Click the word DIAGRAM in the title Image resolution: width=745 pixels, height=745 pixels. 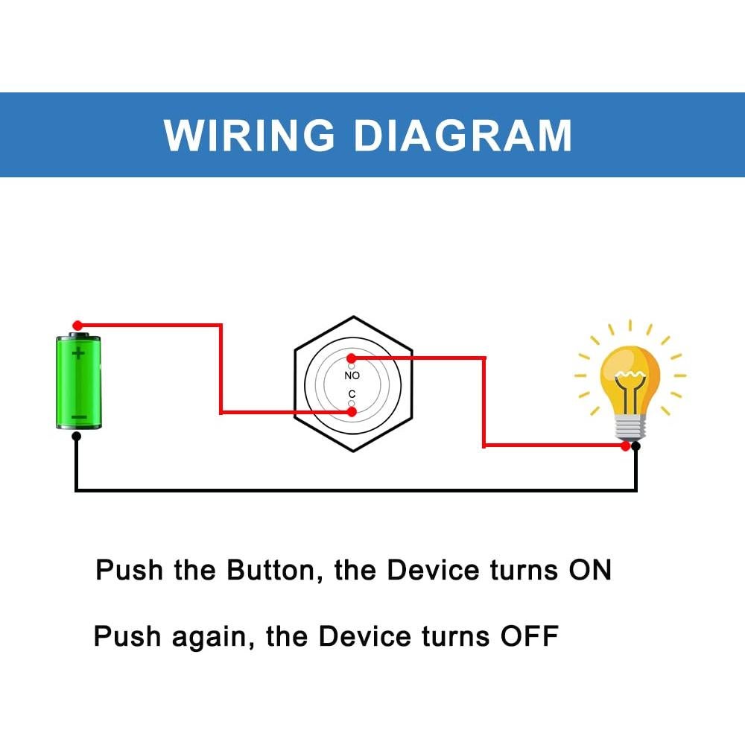(463, 136)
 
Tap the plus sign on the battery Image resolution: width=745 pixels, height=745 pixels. (78, 352)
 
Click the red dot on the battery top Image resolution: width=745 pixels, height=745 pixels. (77, 326)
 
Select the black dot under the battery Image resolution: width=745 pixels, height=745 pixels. (76, 437)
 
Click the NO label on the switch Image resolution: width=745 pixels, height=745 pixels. (352, 375)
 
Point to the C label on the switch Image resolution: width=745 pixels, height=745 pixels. (352, 394)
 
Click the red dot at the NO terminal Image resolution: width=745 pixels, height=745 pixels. (351, 358)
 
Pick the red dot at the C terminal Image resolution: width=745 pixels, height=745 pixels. (351, 411)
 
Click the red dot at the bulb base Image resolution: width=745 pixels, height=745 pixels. (626, 446)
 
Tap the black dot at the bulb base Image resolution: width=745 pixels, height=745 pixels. (635, 446)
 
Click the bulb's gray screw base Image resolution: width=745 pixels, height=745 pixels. (630, 428)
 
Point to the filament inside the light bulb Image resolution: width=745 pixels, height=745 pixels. (630, 380)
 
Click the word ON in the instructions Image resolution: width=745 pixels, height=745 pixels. (590, 571)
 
